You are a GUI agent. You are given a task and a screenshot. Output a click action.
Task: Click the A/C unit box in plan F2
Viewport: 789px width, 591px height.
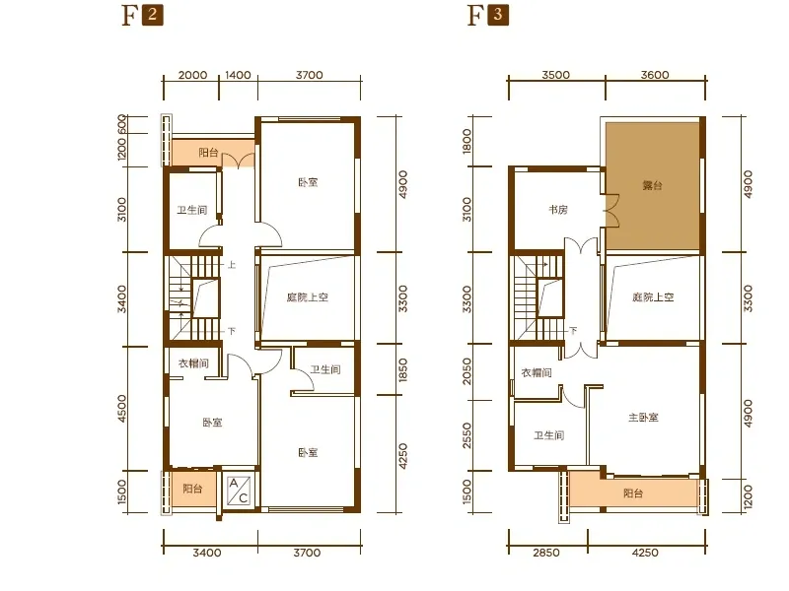click(239, 491)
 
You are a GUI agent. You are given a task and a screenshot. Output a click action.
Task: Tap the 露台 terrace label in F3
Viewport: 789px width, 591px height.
click(652, 185)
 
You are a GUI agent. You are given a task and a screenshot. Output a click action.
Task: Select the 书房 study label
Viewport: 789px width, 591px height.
click(558, 210)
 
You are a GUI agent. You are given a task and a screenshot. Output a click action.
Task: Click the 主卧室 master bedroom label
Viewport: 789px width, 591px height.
click(643, 417)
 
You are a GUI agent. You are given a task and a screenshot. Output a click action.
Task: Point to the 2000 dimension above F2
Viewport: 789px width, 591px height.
click(192, 75)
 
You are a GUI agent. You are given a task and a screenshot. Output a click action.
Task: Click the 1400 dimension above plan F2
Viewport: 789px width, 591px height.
click(238, 75)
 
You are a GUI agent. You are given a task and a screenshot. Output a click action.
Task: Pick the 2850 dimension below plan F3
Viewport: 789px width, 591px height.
click(546, 553)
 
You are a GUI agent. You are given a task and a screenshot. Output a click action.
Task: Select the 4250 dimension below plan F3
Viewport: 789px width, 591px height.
click(645, 553)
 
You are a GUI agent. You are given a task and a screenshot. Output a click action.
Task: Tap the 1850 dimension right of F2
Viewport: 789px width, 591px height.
click(402, 370)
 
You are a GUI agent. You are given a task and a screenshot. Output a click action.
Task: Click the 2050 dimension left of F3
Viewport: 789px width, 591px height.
click(466, 371)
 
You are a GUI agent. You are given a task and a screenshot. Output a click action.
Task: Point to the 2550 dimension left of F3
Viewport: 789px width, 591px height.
click(466, 435)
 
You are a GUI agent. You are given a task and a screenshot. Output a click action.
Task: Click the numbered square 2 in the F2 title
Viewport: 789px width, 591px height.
click(153, 15)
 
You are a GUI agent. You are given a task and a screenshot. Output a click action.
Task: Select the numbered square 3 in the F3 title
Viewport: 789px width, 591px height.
click(498, 15)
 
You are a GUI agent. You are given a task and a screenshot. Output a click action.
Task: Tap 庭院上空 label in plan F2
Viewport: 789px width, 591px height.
click(308, 297)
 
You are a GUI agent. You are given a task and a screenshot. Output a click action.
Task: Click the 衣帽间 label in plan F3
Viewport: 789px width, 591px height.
click(537, 372)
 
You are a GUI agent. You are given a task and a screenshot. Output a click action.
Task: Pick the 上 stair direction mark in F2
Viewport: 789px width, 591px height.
click(232, 264)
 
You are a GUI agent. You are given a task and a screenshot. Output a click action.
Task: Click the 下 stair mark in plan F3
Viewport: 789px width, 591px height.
click(573, 331)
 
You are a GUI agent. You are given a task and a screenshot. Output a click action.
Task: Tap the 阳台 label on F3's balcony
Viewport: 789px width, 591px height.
click(633, 493)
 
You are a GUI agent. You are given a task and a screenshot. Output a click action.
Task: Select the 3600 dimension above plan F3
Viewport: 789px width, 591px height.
click(655, 75)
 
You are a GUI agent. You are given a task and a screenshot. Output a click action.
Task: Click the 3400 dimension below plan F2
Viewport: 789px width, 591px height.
click(207, 553)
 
